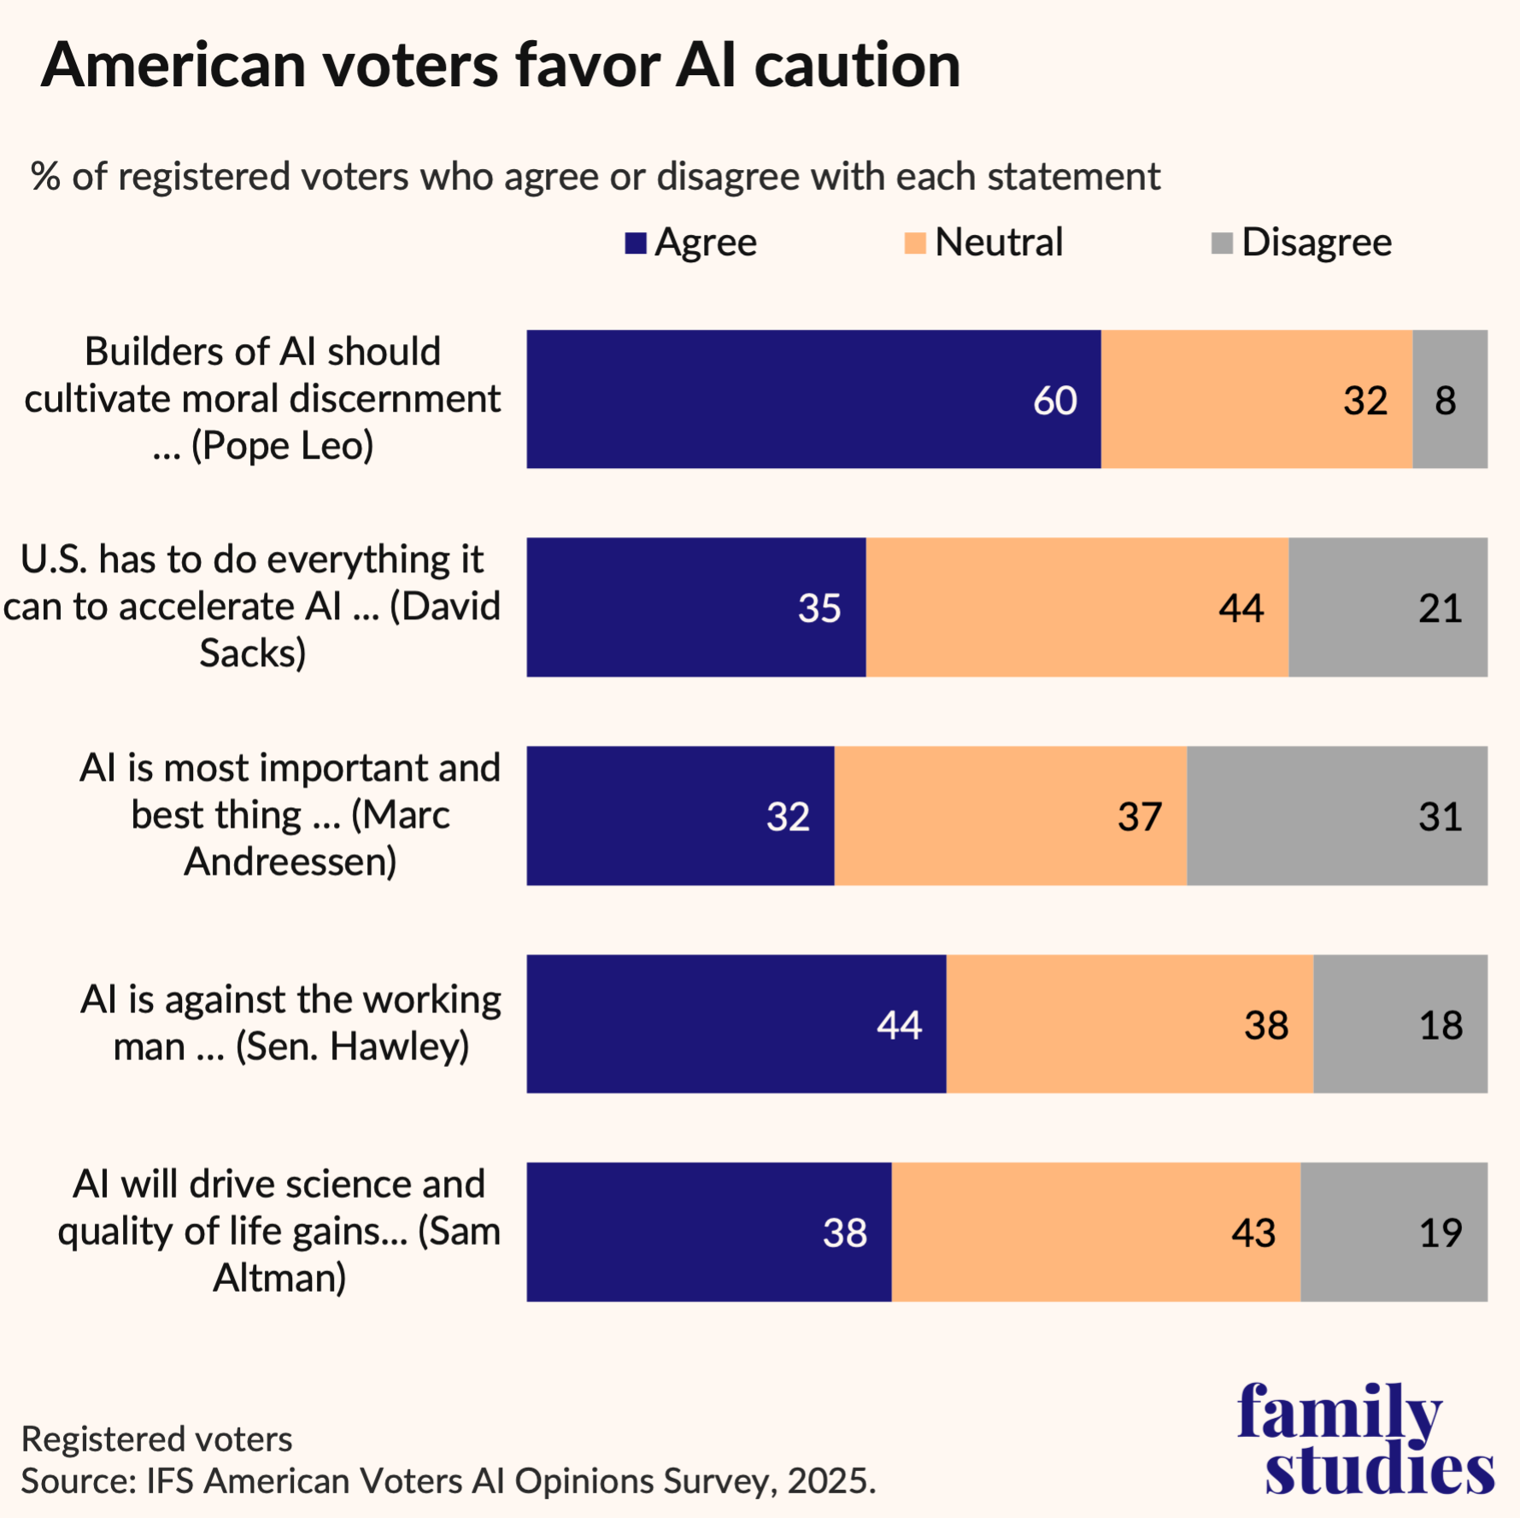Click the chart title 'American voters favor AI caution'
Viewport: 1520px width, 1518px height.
click(501, 66)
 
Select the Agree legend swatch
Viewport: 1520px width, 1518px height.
click(635, 243)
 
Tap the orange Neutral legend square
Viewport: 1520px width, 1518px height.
click(914, 243)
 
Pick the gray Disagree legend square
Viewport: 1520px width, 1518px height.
click(1222, 243)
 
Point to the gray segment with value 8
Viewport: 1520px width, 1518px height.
click(1449, 399)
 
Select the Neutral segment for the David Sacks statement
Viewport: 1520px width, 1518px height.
click(1077, 607)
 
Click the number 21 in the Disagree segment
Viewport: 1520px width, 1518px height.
click(1440, 608)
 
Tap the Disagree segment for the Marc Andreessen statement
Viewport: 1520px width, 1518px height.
click(1336, 816)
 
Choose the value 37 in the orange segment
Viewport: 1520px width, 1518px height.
click(1139, 817)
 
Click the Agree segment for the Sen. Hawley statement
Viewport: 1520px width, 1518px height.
click(736, 1023)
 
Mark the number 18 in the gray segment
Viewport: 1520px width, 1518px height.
click(1441, 1024)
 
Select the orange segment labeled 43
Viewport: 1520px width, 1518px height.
click(1095, 1232)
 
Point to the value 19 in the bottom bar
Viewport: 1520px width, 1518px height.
click(1441, 1233)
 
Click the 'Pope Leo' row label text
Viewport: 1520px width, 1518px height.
click(263, 399)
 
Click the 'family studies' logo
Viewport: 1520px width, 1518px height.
click(1365, 1439)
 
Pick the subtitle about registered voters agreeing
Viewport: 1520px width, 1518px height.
click(596, 177)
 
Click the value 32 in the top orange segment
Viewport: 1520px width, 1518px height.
click(1364, 401)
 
